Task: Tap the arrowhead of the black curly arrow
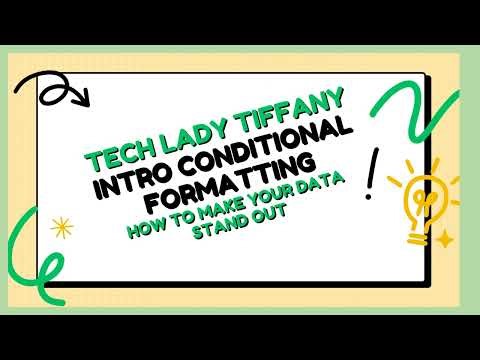click(x=84, y=100)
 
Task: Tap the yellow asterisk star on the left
click(x=62, y=227)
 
